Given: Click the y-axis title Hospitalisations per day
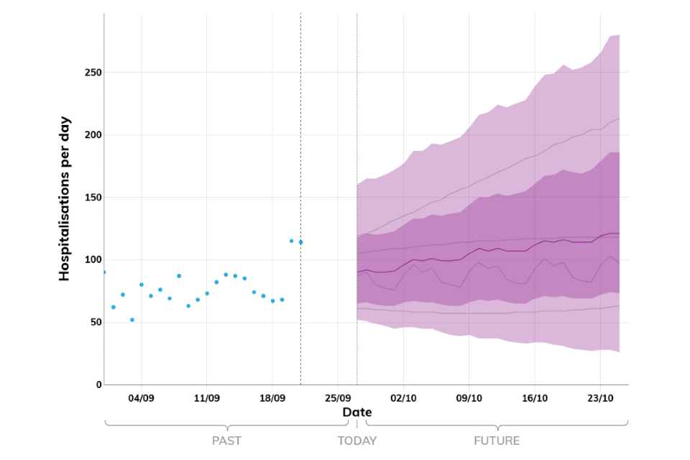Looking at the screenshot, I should [x=64, y=198].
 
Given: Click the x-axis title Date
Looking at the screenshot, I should [x=356, y=413].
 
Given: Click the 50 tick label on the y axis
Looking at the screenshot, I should [x=93, y=323].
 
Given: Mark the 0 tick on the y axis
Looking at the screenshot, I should [x=98, y=385].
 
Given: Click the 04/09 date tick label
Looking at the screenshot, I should [x=141, y=398].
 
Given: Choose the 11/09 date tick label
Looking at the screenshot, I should [x=206, y=398].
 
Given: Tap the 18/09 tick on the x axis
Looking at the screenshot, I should [x=272, y=398].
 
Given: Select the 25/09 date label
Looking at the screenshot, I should [x=338, y=398].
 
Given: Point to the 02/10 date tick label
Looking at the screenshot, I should [x=403, y=398].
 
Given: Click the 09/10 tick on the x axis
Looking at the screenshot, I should [x=469, y=398].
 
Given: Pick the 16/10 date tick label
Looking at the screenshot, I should [x=535, y=398].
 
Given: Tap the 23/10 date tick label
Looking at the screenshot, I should [x=600, y=398].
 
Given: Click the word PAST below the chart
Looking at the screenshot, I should [x=226, y=441].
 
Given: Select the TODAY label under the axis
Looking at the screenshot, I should [x=356, y=441].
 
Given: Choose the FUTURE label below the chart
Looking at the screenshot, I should [x=497, y=441].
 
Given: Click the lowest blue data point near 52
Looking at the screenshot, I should [x=132, y=320].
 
